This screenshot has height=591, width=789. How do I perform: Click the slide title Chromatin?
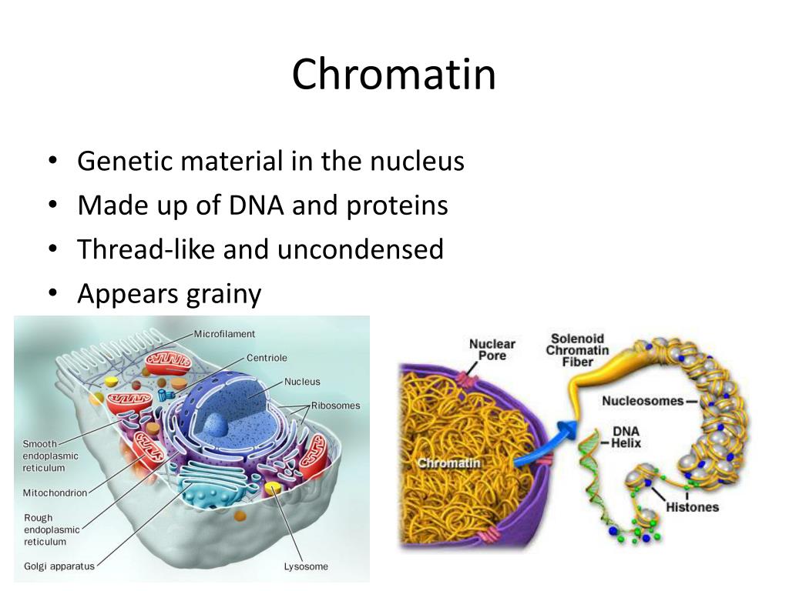pyautogui.click(x=394, y=75)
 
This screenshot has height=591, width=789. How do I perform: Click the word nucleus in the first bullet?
pyautogui.click(x=417, y=162)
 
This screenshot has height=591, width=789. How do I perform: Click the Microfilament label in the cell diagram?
pyautogui.click(x=224, y=334)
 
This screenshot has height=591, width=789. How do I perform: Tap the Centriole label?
pyautogui.click(x=267, y=358)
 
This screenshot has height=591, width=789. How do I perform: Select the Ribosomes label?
pyautogui.click(x=335, y=406)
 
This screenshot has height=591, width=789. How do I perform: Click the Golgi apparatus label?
pyautogui.click(x=59, y=566)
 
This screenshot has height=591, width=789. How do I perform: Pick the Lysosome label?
pyautogui.click(x=306, y=566)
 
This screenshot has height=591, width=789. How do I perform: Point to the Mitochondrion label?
pyautogui.click(x=55, y=492)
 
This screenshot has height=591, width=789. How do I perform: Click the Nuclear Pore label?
pyautogui.click(x=492, y=349)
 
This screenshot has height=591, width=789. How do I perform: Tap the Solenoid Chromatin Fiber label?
pyautogui.click(x=577, y=350)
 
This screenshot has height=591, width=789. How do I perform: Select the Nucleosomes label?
pyautogui.click(x=643, y=401)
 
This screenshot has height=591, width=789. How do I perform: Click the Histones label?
pyautogui.click(x=692, y=507)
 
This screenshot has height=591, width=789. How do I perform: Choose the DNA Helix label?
pyautogui.click(x=626, y=437)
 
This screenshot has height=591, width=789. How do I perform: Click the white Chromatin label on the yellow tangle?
pyautogui.click(x=448, y=462)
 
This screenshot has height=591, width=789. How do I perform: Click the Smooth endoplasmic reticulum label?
pyautogui.click(x=50, y=456)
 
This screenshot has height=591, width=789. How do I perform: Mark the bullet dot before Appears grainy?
pyautogui.click(x=52, y=294)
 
